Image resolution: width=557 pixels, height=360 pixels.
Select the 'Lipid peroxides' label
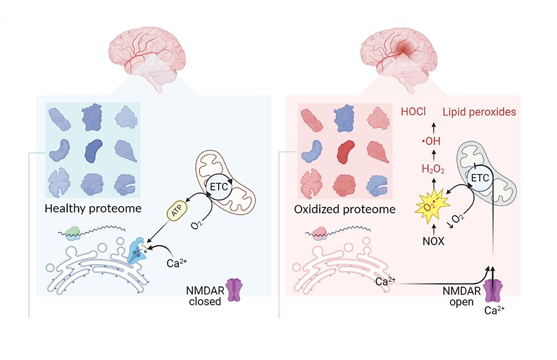pos(479,112)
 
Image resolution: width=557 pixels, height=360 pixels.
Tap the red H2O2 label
pos(433,170)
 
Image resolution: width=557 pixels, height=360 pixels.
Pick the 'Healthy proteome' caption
pos(93,208)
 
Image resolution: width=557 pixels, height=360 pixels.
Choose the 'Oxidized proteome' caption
pos(343,209)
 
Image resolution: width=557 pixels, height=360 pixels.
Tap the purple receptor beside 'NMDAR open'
pos(494,290)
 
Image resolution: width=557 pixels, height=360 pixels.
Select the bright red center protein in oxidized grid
pos(344,152)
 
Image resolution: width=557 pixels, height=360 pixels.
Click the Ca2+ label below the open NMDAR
pos(494,312)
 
